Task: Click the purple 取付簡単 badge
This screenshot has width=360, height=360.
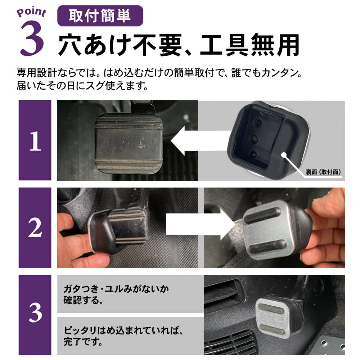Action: (x=100, y=16)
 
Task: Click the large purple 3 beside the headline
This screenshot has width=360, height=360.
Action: (x=32, y=38)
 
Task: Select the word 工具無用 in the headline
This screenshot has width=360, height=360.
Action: (x=250, y=45)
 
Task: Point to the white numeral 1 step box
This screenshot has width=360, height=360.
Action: (x=35, y=140)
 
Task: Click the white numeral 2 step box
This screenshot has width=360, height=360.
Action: (x=35, y=228)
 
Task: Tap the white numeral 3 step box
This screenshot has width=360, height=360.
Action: (x=35, y=315)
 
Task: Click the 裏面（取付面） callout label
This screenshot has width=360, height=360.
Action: (x=323, y=172)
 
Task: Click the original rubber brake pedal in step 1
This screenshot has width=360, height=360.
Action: (x=129, y=143)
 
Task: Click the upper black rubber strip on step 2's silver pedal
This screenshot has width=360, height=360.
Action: (x=262, y=215)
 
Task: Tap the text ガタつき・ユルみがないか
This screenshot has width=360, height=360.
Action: (x=116, y=289)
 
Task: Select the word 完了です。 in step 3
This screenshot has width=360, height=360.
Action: (x=83, y=342)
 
